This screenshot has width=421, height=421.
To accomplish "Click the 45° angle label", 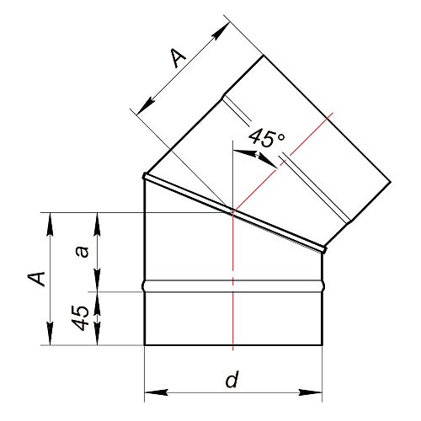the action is point(266,138).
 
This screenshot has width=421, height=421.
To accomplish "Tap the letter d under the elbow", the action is point(232,380).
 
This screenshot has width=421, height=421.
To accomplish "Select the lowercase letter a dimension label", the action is point(83,252).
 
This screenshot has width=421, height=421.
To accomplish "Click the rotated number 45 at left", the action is point(80,317).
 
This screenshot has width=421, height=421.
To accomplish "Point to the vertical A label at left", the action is point(36,279).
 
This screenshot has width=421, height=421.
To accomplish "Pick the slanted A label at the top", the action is point(178,58).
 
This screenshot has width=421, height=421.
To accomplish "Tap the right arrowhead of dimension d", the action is point(310,392).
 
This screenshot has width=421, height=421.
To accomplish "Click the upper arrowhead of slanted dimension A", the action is point(221,31).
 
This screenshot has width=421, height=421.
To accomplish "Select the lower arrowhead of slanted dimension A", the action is point(146,106).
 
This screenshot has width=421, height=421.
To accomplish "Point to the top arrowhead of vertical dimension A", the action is point(51,224).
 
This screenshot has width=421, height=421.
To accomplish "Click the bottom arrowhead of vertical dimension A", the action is point(51,333).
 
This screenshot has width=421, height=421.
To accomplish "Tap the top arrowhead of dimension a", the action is point(98,224).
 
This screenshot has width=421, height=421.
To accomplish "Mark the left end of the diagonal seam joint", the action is point(145,176).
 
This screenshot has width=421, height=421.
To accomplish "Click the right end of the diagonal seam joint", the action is point(324,249).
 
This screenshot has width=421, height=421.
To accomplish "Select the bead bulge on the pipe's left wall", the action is point(144,286).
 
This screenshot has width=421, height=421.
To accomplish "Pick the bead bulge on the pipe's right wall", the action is point(323,286).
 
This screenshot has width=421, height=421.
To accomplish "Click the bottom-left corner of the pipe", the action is point(144,345).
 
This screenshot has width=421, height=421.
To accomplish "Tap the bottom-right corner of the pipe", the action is point(322,345).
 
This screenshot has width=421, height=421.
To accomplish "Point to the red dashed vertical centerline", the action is point(233,280).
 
